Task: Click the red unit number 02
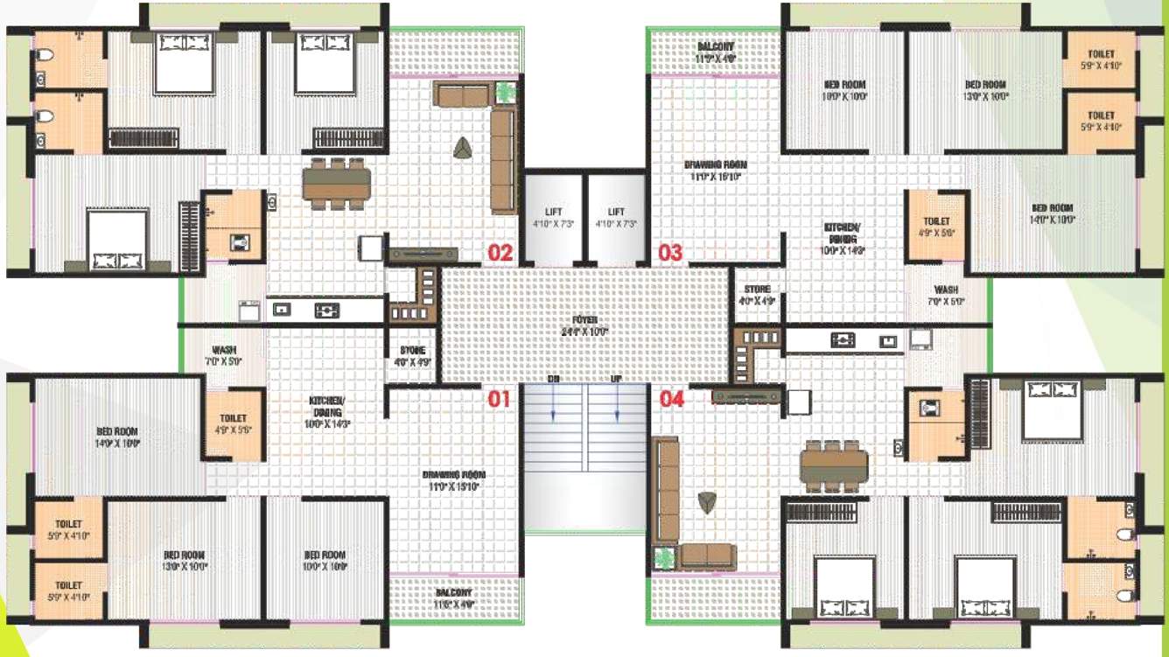pos(500,254)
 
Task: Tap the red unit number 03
pos(670,254)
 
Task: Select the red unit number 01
pos(499,400)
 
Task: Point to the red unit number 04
pos(671,400)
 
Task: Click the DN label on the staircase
pos(554,380)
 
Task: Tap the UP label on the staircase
pos(617,380)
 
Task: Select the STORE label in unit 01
pos(412,355)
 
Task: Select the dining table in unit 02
pos(336,184)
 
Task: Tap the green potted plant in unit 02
pos(505,90)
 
